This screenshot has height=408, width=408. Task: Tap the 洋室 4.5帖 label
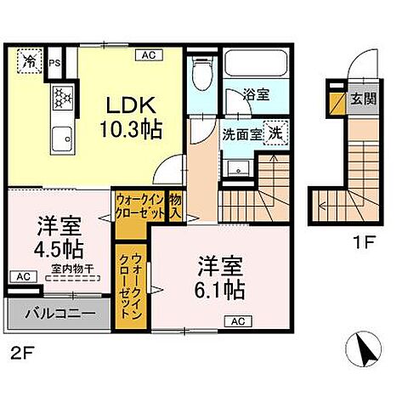coord(59,239)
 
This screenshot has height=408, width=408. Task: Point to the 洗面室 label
coord(241,133)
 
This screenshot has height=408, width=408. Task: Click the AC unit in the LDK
coord(147,55)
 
